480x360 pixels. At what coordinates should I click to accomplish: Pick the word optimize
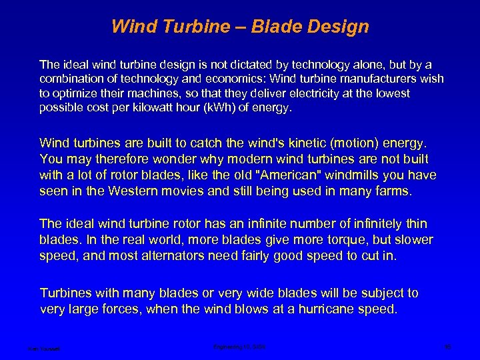(77, 94)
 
